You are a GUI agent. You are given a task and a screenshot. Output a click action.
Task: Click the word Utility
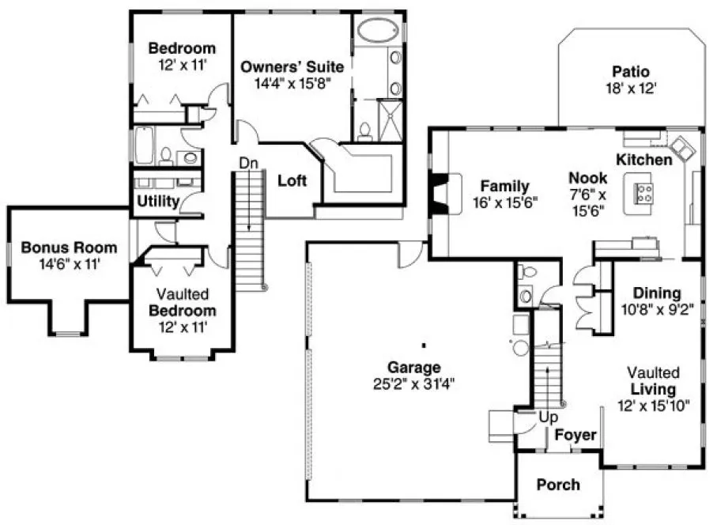click(157, 202)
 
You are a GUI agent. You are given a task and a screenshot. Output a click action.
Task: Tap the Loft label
click(292, 180)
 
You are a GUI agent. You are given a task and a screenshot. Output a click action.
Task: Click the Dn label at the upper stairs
click(249, 163)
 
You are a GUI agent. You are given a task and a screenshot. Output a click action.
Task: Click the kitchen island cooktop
click(643, 194)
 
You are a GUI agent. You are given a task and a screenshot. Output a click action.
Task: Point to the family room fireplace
click(437, 194)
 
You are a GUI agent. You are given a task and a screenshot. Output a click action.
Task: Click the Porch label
click(557, 484)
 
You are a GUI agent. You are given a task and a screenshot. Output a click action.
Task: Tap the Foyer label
click(575, 435)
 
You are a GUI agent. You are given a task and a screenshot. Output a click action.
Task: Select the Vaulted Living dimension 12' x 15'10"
click(654, 406)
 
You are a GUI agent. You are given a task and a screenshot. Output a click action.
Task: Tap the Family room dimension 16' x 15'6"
click(504, 202)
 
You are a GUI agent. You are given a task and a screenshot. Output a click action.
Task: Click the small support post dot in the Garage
click(424, 345)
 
